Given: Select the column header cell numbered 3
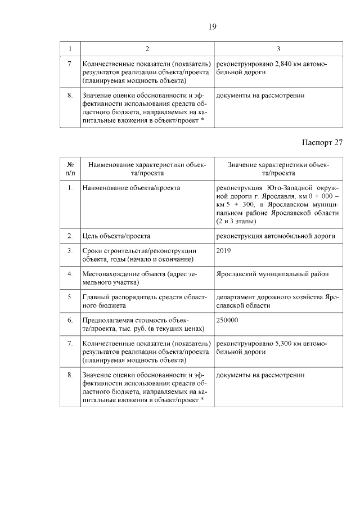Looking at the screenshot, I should [x=278, y=49].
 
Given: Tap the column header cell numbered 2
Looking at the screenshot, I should [x=147, y=49].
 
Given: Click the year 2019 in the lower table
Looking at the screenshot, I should [x=223, y=250].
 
